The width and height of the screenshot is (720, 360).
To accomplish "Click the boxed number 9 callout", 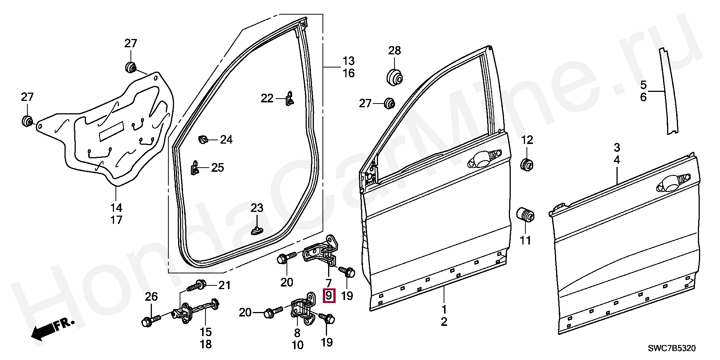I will coord(329,296).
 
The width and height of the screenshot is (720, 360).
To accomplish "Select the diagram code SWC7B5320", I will coord(672,349).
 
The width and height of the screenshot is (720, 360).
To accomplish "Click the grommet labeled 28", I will coord(394,77).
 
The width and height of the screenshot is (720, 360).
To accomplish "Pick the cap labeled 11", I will coord(526,215).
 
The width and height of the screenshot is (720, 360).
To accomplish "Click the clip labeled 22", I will coord(289,99).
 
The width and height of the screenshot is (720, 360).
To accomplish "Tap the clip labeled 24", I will coord(203,140).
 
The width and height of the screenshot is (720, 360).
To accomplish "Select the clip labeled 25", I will coord(195,168).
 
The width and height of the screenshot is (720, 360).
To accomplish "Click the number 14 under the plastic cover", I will coord(116,207).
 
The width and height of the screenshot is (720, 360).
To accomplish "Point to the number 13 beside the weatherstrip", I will coord(348,61).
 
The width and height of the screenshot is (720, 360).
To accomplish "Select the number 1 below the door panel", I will coord(444,310).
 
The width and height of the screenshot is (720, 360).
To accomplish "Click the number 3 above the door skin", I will coord(617,147).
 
